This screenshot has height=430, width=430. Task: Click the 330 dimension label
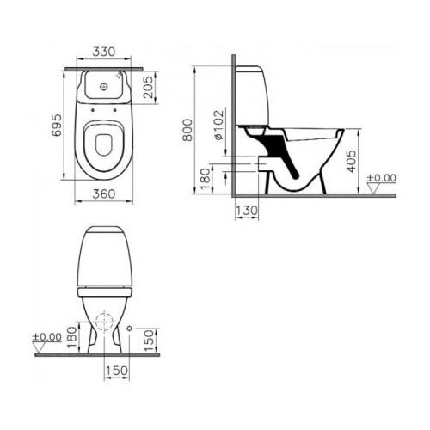104,52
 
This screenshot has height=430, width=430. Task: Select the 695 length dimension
56,125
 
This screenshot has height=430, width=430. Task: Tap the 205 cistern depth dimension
148,87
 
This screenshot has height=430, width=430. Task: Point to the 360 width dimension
104,194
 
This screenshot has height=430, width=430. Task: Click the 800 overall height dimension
187,130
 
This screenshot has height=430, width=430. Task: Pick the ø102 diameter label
218,126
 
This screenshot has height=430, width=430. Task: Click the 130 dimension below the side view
247,211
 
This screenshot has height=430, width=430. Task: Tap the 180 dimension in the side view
206,179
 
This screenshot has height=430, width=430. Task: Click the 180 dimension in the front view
72,337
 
